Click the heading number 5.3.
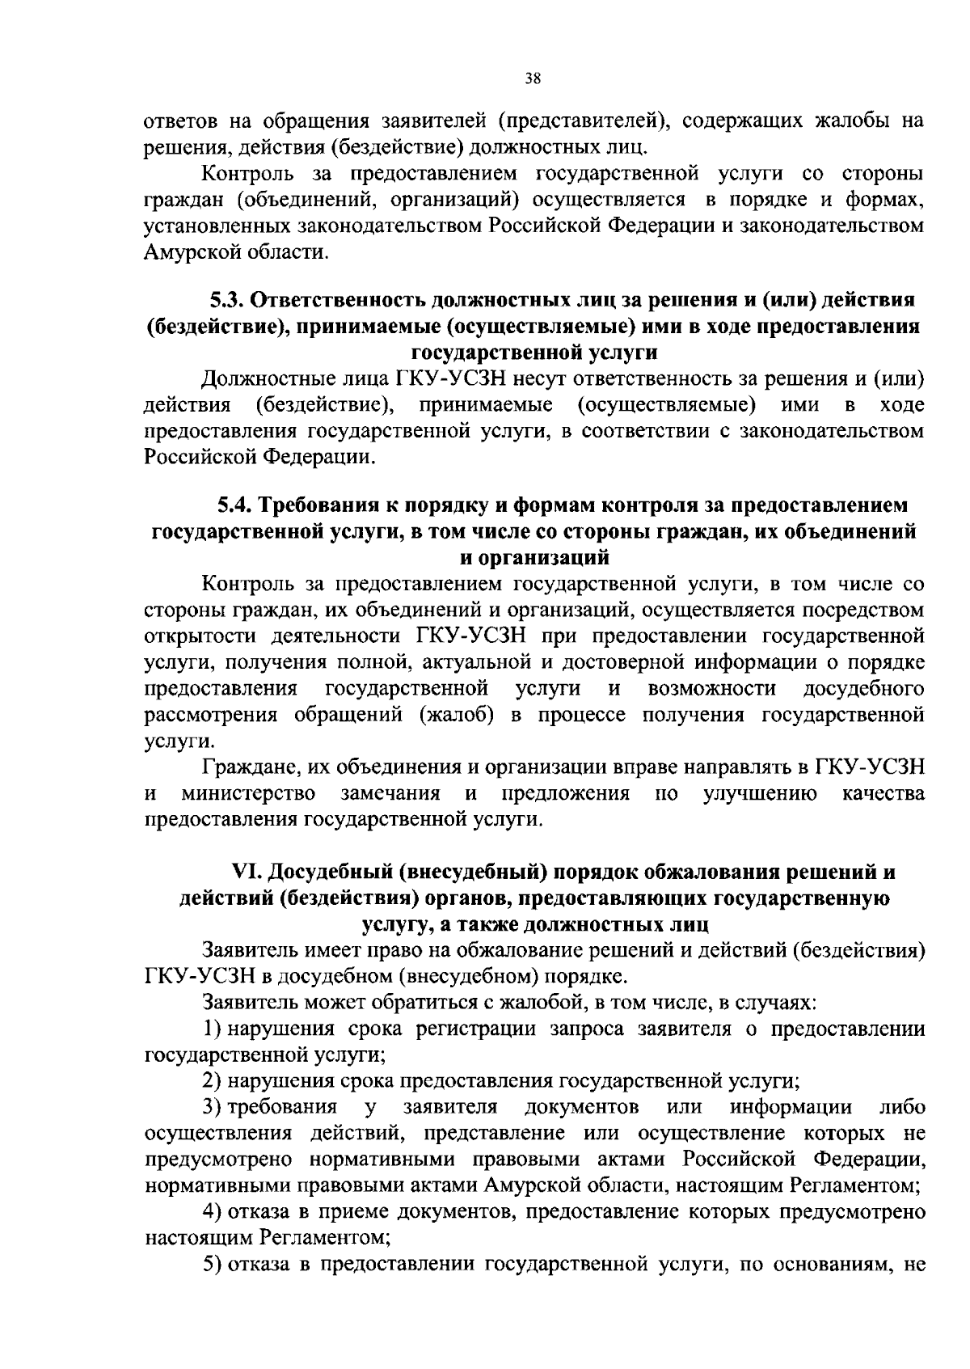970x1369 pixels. (227, 300)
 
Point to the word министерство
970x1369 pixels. (248, 793)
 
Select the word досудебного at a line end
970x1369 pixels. (864, 688)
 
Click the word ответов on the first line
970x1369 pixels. (178, 121)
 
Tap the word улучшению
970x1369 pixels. (759, 793)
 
